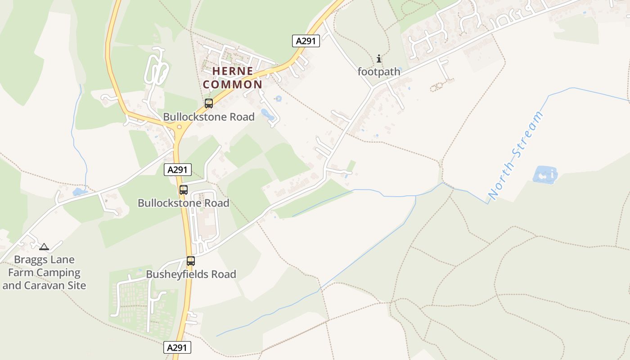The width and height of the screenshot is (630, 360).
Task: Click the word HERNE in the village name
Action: (233, 71)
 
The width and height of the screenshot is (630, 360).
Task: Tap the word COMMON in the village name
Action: (233, 84)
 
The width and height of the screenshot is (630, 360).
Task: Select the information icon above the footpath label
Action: (379, 58)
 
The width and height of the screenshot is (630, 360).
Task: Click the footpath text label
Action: (379, 72)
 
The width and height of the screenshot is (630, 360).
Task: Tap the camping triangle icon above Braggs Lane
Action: (44, 247)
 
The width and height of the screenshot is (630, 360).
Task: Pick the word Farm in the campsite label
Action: (21, 273)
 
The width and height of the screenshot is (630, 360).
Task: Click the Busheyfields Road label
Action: (191, 274)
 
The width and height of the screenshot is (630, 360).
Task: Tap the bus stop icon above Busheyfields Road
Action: (191, 261)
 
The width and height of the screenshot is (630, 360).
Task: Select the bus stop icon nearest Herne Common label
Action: (209, 103)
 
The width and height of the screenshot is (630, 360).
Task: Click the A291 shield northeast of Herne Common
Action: (306, 41)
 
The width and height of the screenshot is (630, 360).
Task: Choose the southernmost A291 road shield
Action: (177, 347)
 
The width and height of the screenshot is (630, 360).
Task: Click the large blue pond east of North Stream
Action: (545, 175)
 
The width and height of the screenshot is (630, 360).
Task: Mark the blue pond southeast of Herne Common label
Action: (268, 114)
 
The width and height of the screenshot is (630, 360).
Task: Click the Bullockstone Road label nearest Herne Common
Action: (209, 117)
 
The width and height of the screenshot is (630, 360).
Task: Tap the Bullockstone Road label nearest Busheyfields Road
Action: (184, 203)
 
